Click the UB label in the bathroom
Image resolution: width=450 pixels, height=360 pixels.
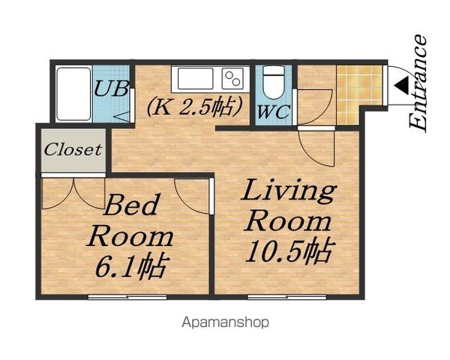111,88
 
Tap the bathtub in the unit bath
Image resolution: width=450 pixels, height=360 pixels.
73,94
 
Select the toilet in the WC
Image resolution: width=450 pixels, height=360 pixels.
274,82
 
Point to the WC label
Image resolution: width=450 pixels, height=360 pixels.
274,112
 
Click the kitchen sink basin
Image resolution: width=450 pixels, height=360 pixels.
196,78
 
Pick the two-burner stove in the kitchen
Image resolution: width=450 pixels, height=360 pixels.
232,78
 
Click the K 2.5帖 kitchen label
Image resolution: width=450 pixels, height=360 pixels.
195,108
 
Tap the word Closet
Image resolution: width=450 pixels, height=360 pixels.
73,149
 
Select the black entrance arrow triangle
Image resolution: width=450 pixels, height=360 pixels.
402,85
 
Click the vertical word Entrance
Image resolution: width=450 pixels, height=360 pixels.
418,83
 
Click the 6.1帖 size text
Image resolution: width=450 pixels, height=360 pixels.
131,265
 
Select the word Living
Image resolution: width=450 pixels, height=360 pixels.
289,191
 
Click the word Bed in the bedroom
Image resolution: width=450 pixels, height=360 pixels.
130,205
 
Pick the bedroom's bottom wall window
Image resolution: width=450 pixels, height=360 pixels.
127,297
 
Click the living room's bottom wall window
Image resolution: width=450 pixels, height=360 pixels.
286,297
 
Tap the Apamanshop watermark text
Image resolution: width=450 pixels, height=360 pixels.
226,322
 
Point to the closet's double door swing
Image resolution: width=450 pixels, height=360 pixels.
73,193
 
